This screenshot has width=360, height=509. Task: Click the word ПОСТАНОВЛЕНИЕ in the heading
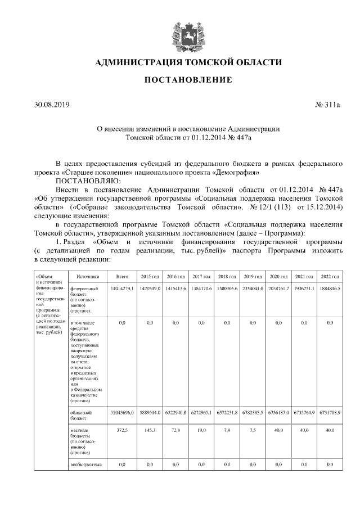pos(188,80)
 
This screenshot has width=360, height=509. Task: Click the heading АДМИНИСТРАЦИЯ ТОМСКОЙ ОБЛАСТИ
pos(188,62)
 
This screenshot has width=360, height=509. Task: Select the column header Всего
pos(122,277)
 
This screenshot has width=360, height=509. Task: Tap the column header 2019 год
pos(253,277)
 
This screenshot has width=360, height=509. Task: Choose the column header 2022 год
pos(330,277)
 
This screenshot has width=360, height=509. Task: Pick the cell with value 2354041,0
pos(253,288)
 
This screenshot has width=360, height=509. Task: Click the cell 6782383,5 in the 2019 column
pos(253,412)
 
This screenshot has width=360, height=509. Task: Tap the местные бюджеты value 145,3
pos(150,430)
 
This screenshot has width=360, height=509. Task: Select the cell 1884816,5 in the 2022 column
pos(330,288)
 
